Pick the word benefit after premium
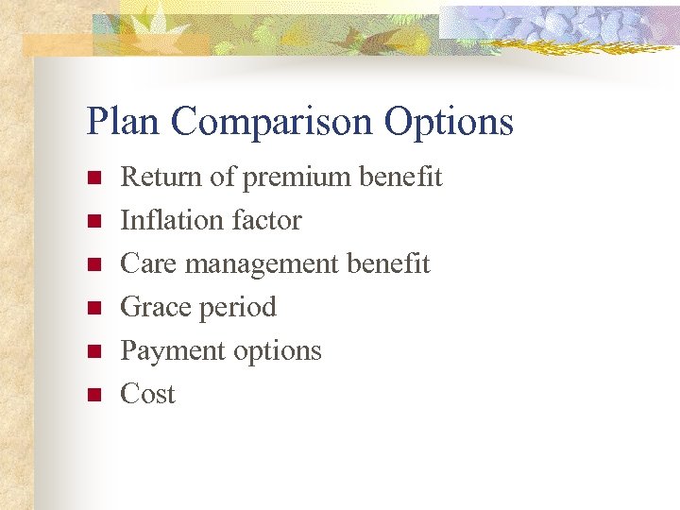point(405,177)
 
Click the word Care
point(149,263)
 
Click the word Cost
point(147,394)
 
